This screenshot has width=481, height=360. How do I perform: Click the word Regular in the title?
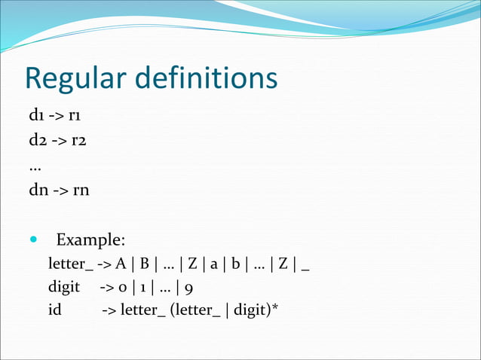tap(75, 78)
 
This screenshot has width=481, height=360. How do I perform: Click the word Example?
tap(90, 240)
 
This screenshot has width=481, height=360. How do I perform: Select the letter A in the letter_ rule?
tap(121, 264)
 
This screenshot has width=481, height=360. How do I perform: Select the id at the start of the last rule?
tap(55, 309)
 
